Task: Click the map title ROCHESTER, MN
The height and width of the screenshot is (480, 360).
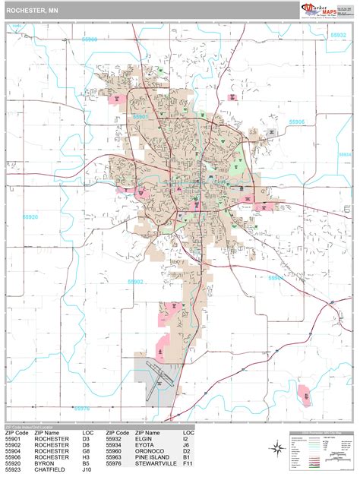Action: point(31,11)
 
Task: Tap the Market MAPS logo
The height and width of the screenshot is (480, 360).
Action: point(319,9)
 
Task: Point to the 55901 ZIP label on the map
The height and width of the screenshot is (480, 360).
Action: point(141,117)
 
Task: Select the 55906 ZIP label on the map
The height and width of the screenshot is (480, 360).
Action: point(297,122)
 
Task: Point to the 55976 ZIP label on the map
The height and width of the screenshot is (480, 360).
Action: point(81,408)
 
